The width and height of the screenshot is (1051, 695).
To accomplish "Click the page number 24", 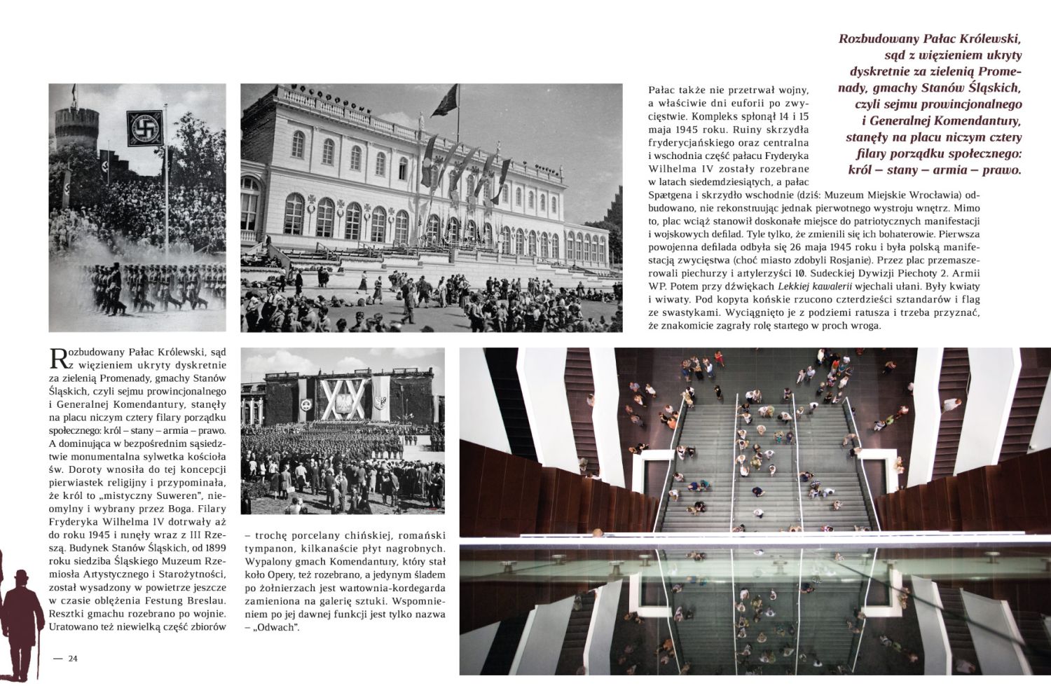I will [72, 657].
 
